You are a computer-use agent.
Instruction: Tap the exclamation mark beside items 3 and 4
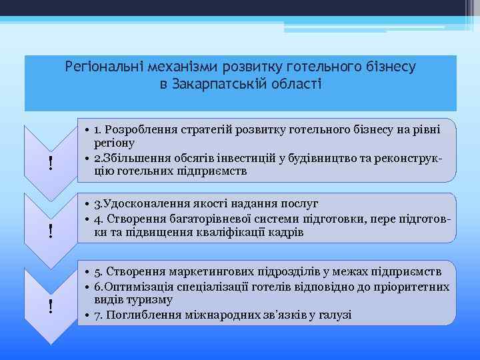pos(51,231)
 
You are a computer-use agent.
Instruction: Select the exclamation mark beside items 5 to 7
pos(51,306)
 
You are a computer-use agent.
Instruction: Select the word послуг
pos(299,204)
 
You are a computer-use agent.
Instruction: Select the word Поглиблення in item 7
pos(140,315)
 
